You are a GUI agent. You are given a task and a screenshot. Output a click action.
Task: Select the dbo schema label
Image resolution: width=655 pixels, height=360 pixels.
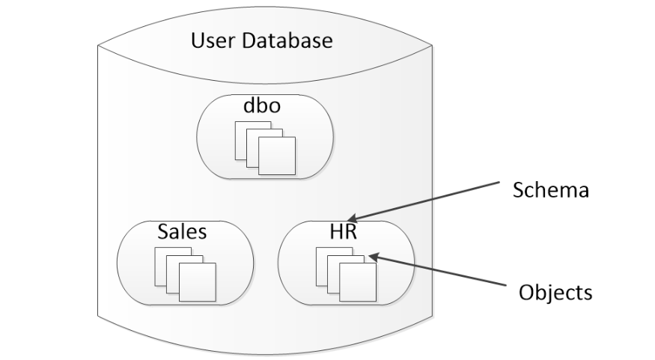tap(262, 106)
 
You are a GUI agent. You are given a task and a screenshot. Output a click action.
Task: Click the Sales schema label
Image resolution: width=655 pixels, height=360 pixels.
tap(182, 231)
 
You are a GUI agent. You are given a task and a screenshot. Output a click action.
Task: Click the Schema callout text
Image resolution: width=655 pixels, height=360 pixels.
tap(551, 190)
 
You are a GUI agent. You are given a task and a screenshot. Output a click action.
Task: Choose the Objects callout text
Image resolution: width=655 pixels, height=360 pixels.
tap(555, 291)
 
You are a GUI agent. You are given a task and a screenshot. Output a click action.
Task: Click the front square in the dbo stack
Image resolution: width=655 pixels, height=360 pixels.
tap(277, 156)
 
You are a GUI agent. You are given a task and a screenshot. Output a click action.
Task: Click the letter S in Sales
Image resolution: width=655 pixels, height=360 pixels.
tap(162, 231)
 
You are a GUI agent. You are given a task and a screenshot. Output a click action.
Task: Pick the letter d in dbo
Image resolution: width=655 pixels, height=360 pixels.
tap(249, 106)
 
